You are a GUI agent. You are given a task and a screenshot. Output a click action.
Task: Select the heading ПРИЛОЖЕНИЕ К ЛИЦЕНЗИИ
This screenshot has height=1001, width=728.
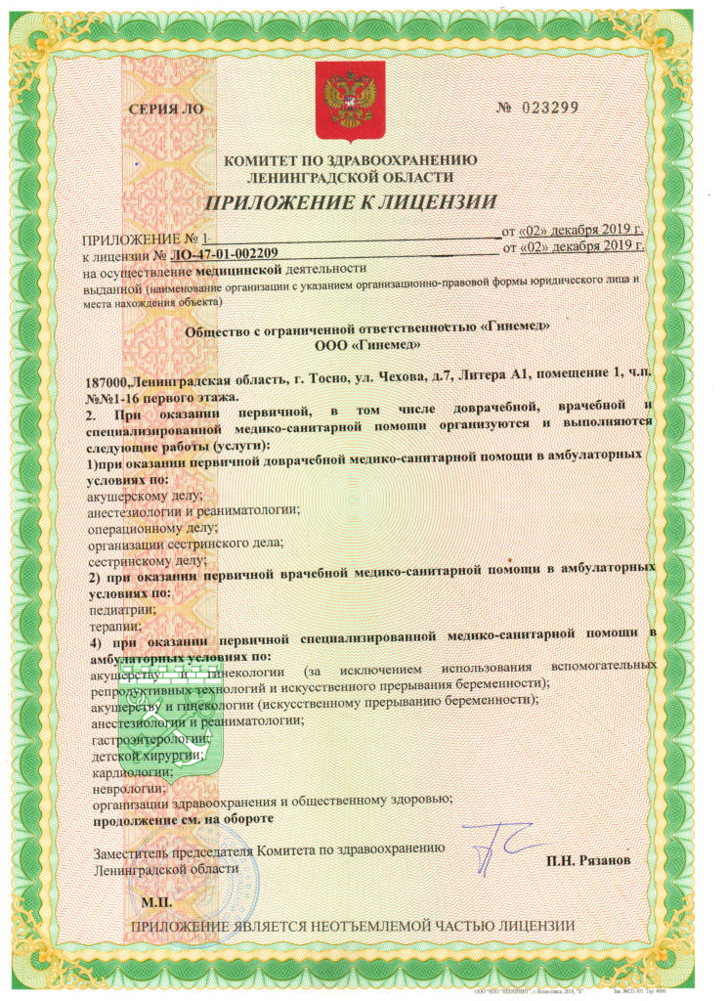coord(350,202)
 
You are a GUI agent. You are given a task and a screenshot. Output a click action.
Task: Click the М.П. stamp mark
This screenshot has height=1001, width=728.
coord(156,900)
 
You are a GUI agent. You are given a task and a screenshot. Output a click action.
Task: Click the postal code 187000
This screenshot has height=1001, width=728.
coord(108,380)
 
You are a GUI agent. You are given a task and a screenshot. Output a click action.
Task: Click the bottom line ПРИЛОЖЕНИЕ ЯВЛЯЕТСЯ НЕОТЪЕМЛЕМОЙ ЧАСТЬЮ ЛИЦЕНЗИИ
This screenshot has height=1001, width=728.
coord(352,926)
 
